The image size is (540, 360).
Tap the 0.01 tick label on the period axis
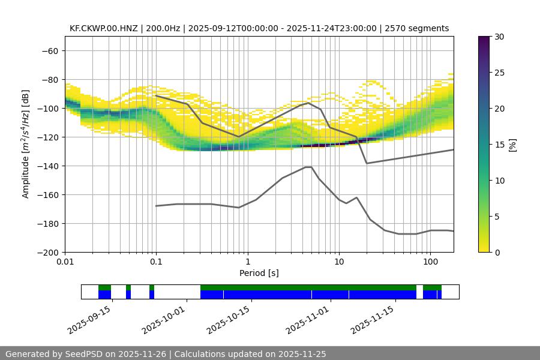pyautogui.click(x=65, y=263)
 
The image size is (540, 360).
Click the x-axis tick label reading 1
pyautogui.click(x=247, y=263)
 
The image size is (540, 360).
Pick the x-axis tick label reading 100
pyautogui.click(x=430, y=263)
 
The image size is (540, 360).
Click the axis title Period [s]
pyautogui.click(x=259, y=273)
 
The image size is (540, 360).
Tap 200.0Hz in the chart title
pyautogui.click(x=163, y=28)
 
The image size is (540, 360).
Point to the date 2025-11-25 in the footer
pyautogui.click(x=302, y=354)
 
